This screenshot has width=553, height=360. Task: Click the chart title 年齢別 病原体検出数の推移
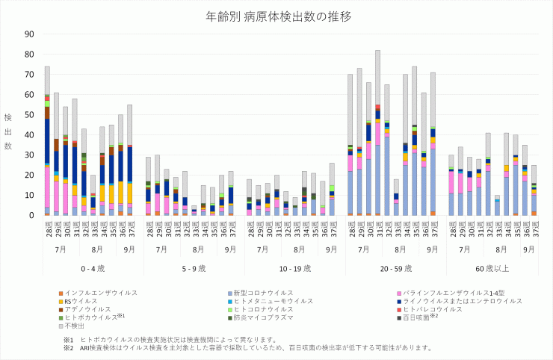(x=276, y=16)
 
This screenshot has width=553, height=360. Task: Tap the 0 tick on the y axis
(x=31, y=215)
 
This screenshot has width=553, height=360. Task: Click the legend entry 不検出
(x=75, y=325)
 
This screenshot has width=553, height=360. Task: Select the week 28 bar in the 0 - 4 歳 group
(x=47, y=141)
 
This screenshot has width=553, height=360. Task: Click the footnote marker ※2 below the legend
(x=68, y=347)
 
